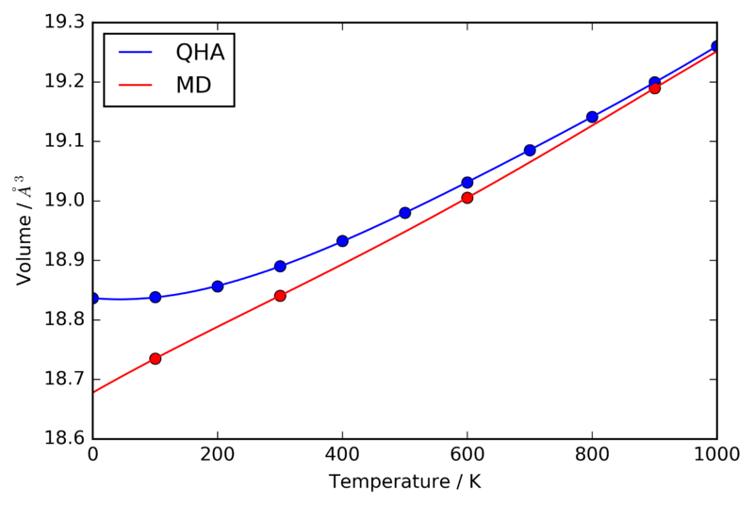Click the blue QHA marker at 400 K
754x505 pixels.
click(342, 241)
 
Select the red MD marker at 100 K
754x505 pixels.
click(156, 358)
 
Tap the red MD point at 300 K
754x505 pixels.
click(280, 296)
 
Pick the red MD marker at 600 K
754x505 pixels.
click(467, 198)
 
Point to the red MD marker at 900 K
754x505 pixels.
click(654, 89)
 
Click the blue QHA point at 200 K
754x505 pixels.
click(218, 286)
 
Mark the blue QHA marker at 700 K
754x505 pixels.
click(530, 150)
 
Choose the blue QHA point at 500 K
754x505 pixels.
click(405, 213)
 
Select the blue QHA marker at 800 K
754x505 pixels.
click(592, 117)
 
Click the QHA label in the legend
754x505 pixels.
click(199, 53)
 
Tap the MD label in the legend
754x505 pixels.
click(192, 86)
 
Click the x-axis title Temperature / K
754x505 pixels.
click(404, 481)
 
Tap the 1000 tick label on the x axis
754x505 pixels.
click(716, 455)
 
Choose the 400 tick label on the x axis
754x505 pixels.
click(342, 455)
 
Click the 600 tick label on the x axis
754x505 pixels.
click(467, 455)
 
